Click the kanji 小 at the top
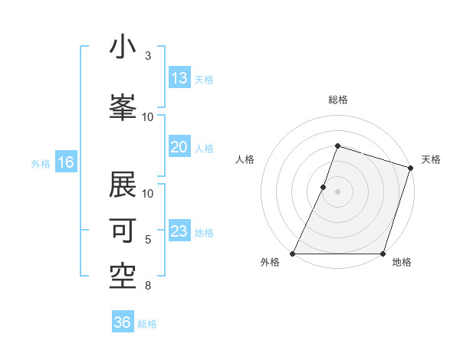[123, 47]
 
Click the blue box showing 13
[179, 78]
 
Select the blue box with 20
[179, 147]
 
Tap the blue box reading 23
[179, 231]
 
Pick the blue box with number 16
[66, 162]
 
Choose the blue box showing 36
[123, 322]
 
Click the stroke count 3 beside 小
[148, 56]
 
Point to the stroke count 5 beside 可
[148, 240]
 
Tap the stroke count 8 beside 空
[148, 286]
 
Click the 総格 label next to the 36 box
[147, 324]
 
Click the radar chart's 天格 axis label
[432, 159]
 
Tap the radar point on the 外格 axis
[293, 254]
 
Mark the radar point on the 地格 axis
[383, 254]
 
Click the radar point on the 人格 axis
[324, 187]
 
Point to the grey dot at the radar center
[337, 191]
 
